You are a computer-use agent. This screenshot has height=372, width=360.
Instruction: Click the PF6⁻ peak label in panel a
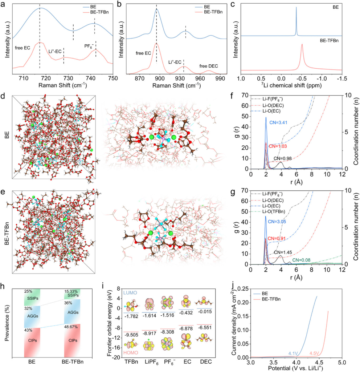coord(90,45)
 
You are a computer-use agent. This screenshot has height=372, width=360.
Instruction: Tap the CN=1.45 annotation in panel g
coord(283,252)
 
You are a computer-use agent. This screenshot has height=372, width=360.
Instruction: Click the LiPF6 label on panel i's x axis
coord(150,365)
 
